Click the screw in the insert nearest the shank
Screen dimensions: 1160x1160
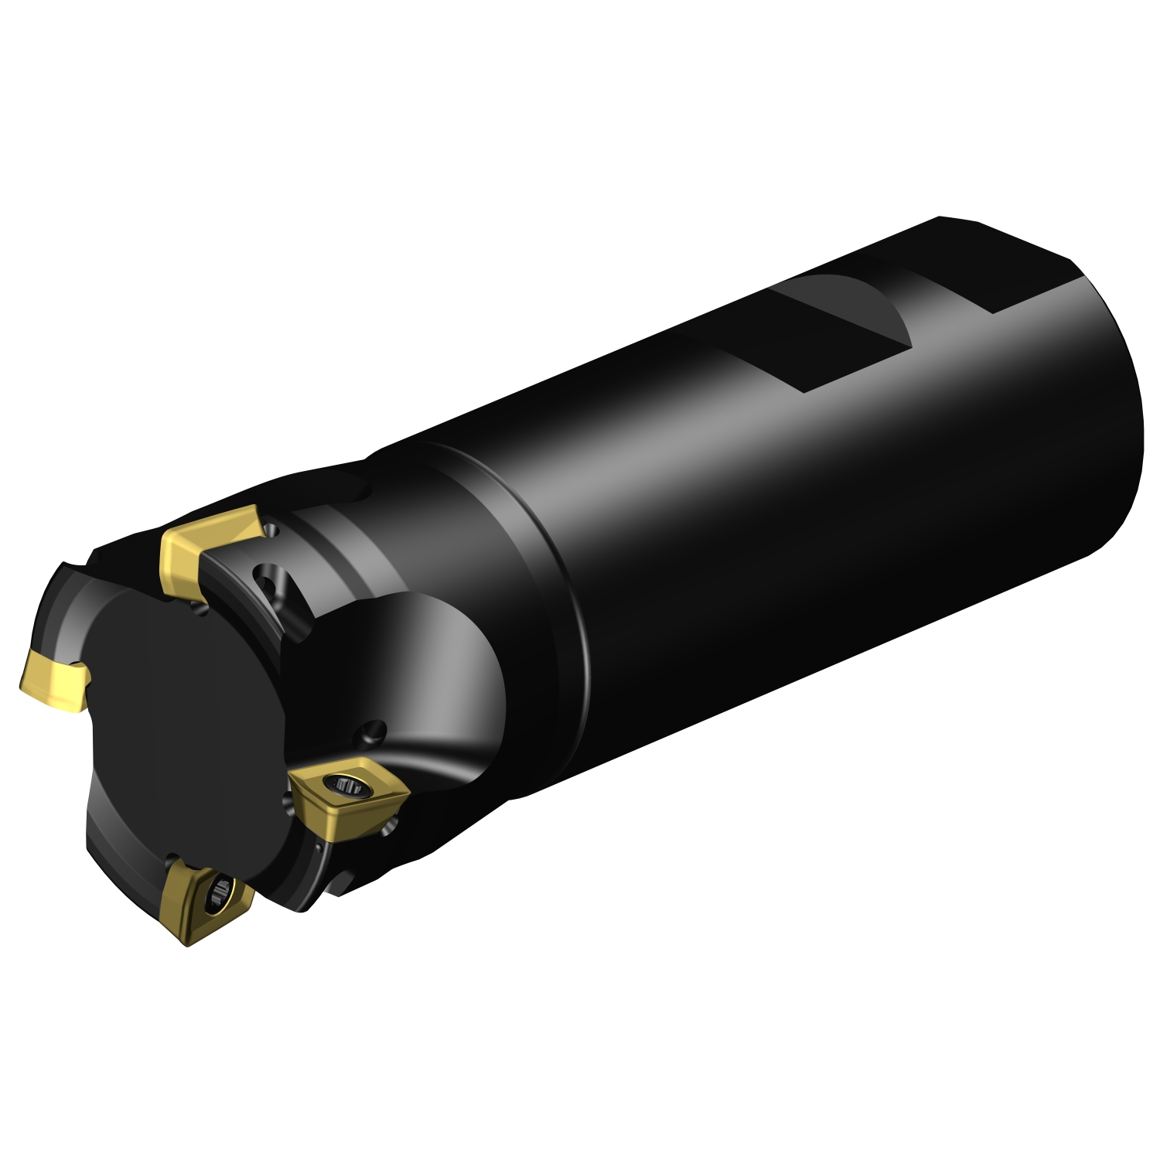[x=347, y=787]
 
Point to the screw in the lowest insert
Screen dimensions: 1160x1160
[x=220, y=892]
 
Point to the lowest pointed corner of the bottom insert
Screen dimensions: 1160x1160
[x=187, y=943]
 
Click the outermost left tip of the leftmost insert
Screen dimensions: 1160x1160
[x=22, y=684]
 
